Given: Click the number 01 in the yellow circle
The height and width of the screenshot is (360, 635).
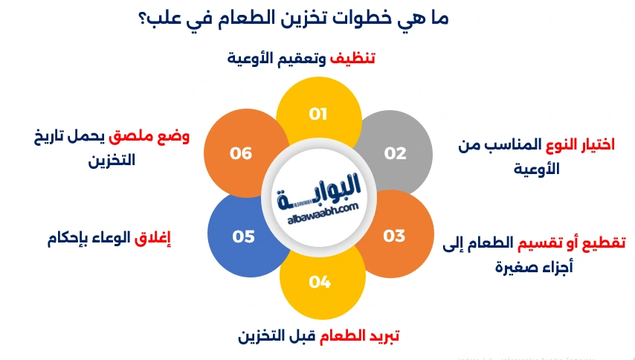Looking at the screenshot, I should pyautogui.click(x=318, y=114).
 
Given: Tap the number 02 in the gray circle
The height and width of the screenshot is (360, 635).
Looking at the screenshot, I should pyautogui.click(x=395, y=153).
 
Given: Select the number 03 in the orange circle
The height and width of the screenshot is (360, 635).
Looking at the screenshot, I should pyautogui.click(x=394, y=236).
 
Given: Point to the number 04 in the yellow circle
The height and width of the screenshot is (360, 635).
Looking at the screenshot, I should pyautogui.click(x=320, y=282).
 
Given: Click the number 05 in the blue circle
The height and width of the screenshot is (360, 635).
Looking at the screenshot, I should pyautogui.click(x=244, y=237).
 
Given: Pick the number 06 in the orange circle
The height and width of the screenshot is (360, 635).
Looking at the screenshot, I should pyautogui.click(x=241, y=153).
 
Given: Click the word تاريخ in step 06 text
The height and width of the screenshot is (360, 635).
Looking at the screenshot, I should pyautogui.click(x=44, y=138).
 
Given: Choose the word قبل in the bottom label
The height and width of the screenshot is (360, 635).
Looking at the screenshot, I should pyautogui.click(x=299, y=336).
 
